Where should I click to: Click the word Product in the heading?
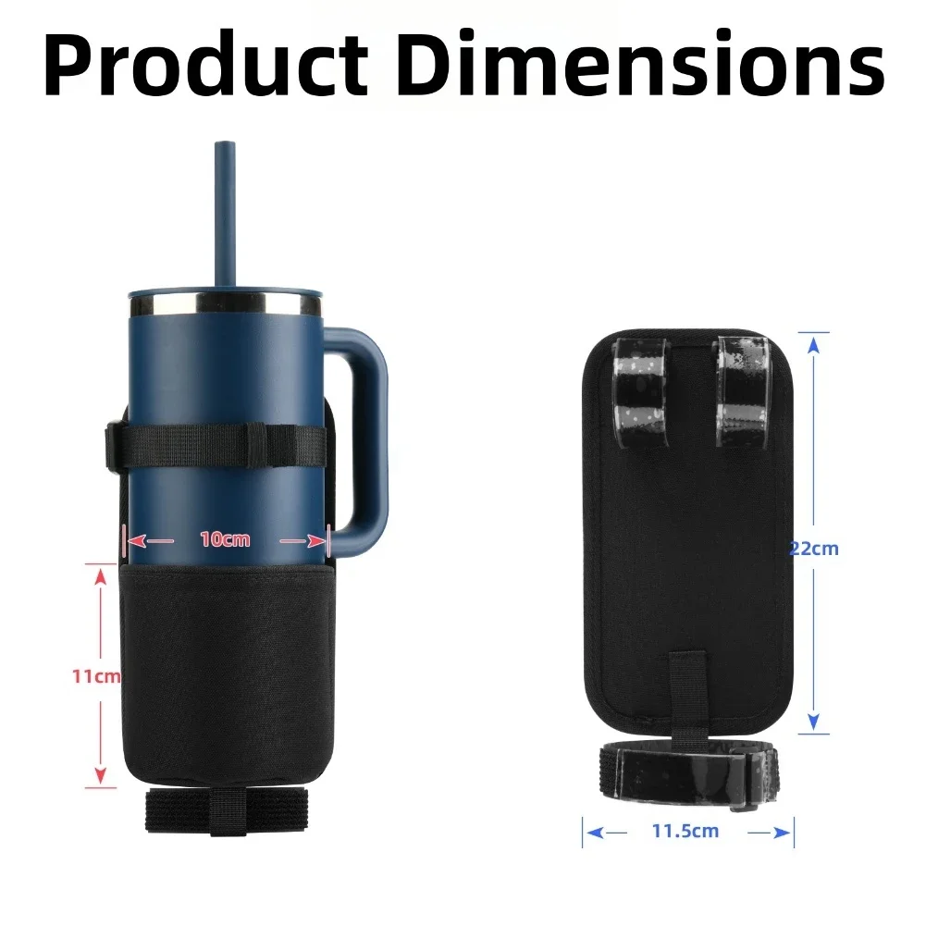tap(205, 63)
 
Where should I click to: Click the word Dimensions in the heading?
tap(640, 63)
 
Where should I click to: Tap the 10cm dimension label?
tap(225, 539)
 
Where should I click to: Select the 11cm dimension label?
tap(96, 675)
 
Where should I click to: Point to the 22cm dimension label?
tap(814, 549)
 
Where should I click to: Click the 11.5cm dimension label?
tap(685, 831)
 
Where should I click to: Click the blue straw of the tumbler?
tap(225, 216)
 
